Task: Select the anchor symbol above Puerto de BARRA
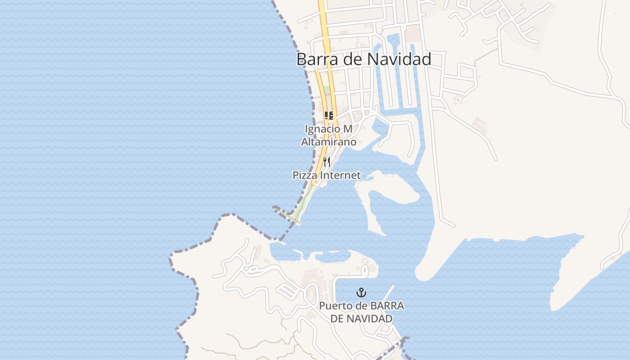click(x=361, y=293)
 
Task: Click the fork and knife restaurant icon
click(x=327, y=162)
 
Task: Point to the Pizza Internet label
click(x=327, y=175)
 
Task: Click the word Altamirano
click(x=328, y=142)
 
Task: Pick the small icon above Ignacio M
click(x=328, y=116)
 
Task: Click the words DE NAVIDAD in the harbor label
click(x=361, y=319)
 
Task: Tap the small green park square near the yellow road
click(x=327, y=90)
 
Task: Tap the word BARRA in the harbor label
click(x=387, y=306)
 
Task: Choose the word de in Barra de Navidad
click(x=353, y=59)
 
